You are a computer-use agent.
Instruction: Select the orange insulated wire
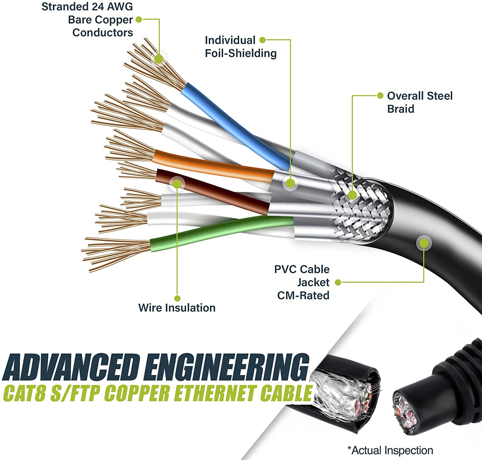pos(213,165)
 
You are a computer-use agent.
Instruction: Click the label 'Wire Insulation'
pos(177,307)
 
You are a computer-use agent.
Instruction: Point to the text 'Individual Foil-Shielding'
pos(240,47)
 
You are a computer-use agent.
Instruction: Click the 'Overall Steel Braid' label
pos(420,102)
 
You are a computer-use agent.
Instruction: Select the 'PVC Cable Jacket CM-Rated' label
pos(302,282)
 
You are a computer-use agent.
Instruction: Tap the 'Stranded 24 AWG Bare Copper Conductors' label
pos(87,20)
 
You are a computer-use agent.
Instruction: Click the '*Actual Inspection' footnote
pos(390,450)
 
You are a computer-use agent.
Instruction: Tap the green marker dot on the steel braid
pos(353,195)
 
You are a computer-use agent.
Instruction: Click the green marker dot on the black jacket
pos(424,243)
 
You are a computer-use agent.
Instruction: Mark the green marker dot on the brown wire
pos(177,184)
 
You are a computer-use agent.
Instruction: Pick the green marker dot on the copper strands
pos(159,59)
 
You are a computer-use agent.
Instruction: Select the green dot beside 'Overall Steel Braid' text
pos(380,96)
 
